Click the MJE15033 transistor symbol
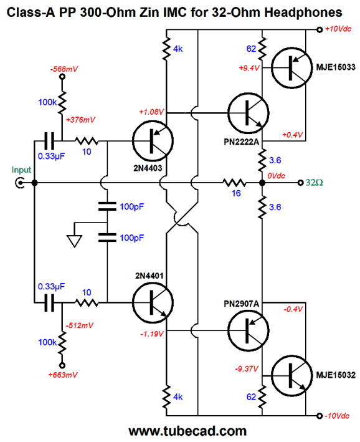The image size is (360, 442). pos(292,68)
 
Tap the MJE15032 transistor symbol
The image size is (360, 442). pos(292,375)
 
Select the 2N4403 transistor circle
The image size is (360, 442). pos(153,141)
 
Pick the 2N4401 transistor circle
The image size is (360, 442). pos(153,303)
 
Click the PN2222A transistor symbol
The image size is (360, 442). pos(248,113)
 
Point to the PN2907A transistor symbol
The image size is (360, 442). pos(248,330)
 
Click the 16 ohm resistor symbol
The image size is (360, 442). pos(234,183)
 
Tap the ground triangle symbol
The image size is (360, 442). pos(75,241)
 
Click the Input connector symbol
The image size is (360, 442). pos(19,183)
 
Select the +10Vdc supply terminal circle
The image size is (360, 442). pos(319,29)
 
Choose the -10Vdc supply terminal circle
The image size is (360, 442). pos(319,416)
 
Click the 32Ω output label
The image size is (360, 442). pos(315,183)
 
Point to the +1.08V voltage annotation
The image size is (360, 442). pos(151,112)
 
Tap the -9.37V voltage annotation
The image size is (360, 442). pos(247,368)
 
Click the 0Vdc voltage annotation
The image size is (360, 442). pos(276,176)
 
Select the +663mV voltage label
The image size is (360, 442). pos(63,375)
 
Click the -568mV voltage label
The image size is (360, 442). pos(64,69)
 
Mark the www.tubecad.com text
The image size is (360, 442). pos(187,431)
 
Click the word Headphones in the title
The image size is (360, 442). pos(303,12)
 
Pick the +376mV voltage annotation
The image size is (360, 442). pos(80,120)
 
